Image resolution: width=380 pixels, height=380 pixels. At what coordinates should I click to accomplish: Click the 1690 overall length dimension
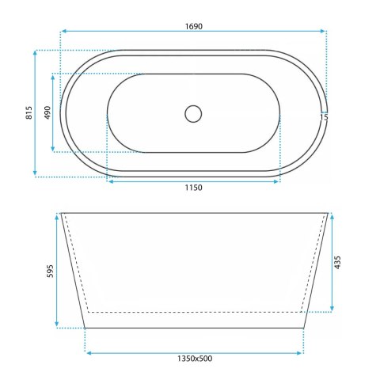[194, 26]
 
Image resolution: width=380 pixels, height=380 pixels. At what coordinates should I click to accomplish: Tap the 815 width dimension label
[28, 112]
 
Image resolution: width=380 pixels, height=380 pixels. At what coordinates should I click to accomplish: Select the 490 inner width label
[47, 112]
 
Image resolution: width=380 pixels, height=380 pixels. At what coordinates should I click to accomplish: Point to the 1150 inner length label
[193, 188]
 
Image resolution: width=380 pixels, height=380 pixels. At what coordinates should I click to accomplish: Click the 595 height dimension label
[50, 271]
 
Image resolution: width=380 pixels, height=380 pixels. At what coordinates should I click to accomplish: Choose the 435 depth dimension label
[337, 262]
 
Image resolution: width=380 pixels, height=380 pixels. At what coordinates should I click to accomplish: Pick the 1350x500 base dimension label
[195, 359]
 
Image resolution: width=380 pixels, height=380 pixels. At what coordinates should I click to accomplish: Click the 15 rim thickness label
[325, 117]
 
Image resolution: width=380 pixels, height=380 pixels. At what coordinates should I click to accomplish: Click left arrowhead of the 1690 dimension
[64, 31]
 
